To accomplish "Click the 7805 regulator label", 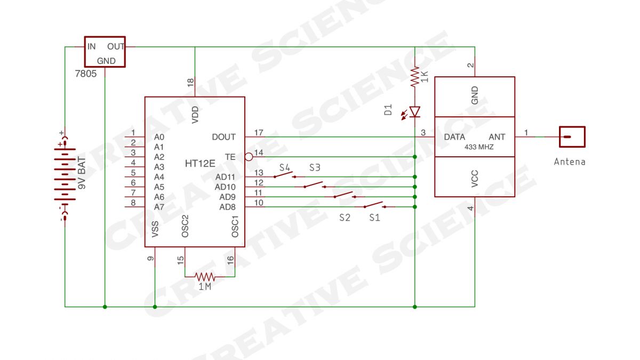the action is pyautogui.click(x=86, y=74).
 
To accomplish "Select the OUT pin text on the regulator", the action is pyautogui.click(x=116, y=46).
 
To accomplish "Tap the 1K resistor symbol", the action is pyautogui.click(x=415, y=77).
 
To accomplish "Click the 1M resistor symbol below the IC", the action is pyautogui.click(x=205, y=277).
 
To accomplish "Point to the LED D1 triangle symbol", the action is pyautogui.click(x=415, y=111).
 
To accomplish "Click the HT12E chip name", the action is pyautogui.click(x=200, y=163).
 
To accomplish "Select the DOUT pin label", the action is pyautogui.click(x=223, y=137).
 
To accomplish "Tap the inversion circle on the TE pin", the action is pyautogui.click(x=249, y=157).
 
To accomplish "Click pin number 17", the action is pyautogui.click(x=259, y=133).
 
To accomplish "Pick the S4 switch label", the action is pyautogui.click(x=285, y=167).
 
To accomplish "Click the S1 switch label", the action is pyautogui.click(x=374, y=218).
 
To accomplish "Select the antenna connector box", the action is pyautogui.click(x=572, y=137).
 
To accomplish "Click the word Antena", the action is pyautogui.click(x=570, y=162).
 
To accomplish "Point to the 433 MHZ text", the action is pyautogui.click(x=479, y=147).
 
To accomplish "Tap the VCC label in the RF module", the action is pyautogui.click(x=475, y=179).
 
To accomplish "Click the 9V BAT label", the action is pyautogui.click(x=82, y=173).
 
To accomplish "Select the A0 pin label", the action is pyautogui.click(x=159, y=137).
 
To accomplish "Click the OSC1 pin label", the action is pyautogui.click(x=235, y=227).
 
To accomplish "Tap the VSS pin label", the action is pyautogui.click(x=155, y=229).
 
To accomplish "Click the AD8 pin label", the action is pyautogui.click(x=227, y=207).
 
